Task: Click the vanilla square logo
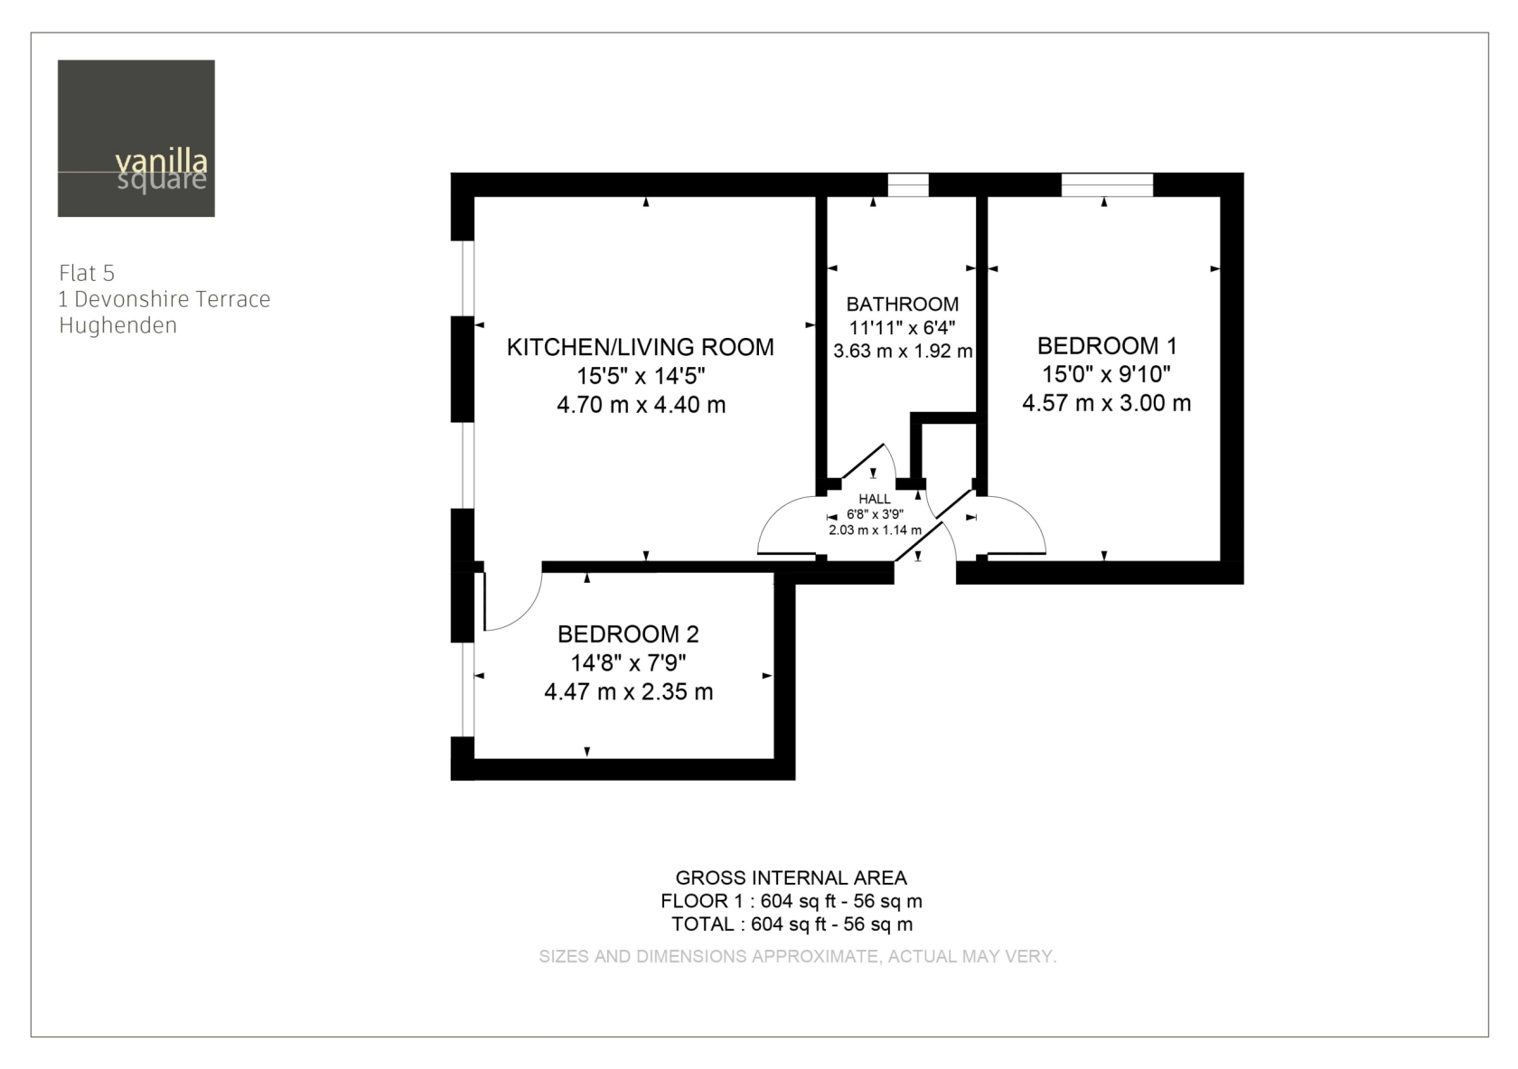coord(136,138)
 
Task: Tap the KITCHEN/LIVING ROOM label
coord(641,347)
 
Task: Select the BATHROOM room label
coord(902,304)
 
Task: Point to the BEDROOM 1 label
coord(1107,346)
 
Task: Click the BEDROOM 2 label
coord(628,633)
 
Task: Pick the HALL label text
coord(875,499)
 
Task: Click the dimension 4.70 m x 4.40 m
coord(642,405)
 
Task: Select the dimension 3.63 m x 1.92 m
coord(903,352)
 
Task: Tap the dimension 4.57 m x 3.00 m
coord(1107,403)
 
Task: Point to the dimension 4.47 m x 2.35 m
coord(628,691)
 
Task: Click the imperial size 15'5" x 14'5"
coord(641,376)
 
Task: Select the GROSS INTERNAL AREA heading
coord(791,877)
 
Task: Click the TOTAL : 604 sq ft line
coord(792,924)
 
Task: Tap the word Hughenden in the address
coord(117,325)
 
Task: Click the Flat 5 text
coord(87,273)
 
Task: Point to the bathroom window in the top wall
coord(908,185)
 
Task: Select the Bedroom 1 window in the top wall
coord(1107,185)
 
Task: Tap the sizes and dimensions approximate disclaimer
coord(798,956)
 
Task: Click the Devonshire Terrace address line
coord(164,299)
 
